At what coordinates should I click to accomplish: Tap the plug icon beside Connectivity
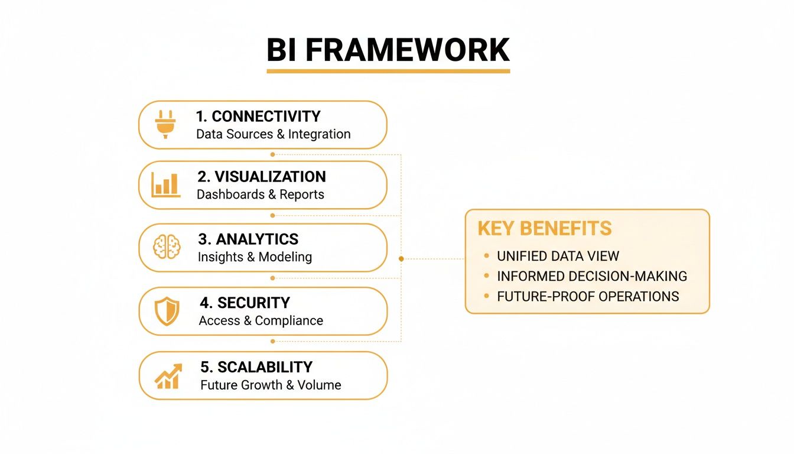(165, 124)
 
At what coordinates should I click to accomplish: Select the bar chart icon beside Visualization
(165, 185)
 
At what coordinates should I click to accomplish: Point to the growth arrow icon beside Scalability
(168, 376)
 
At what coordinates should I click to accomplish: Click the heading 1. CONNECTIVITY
(258, 116)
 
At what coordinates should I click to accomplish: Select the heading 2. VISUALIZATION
(261, 177)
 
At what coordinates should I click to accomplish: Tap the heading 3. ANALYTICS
(248, 239)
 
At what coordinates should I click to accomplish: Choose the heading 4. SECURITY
(245, 303)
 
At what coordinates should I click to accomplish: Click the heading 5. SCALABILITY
(256, 367)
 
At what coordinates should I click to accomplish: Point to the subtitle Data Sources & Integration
(273, 134)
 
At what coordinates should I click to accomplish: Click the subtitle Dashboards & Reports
(260, 194)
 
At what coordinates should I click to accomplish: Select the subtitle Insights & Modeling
(255, 257)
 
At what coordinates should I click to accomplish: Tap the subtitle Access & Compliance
(261, 321)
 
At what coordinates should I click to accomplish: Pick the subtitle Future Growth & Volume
(271, 385)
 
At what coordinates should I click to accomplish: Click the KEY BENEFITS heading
(544, 229)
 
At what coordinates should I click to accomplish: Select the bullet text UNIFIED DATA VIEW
(558, 256)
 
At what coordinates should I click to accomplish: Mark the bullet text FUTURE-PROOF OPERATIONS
(588, 296)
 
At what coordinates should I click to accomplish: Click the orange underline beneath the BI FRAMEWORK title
(388, 71)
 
